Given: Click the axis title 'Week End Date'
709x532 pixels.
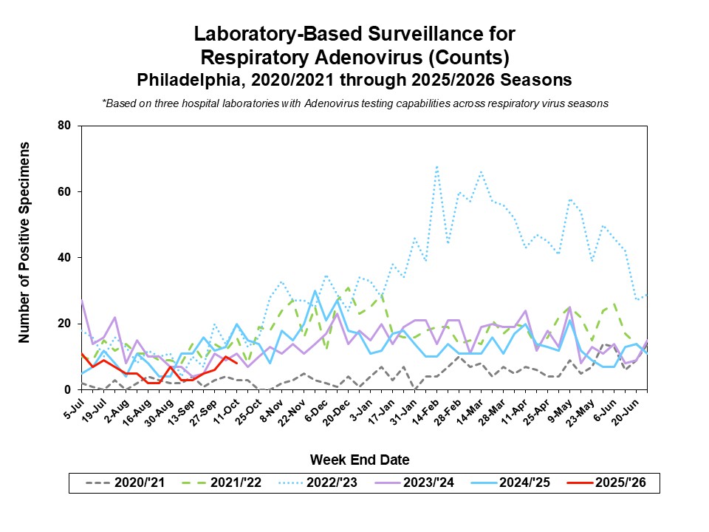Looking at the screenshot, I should (x=359, y=460).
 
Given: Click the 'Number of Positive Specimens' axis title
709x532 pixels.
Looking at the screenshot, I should (x=24, y=242).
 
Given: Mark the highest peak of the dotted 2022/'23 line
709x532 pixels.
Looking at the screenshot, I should (x=437, y=167).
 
